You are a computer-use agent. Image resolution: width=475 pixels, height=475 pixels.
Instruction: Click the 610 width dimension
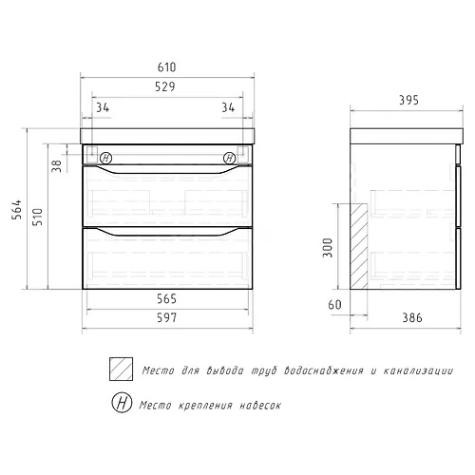click(x=166, y=67)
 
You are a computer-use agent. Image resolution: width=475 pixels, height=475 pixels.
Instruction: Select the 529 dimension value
click(x=165, y=86)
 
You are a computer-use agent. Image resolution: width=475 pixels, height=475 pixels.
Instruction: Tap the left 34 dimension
click(x=103, y=107)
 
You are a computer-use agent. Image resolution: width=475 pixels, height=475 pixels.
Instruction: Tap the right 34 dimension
click(x=228, y=107)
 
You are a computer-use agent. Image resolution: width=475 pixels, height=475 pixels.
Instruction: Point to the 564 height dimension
click(x=17, y=209)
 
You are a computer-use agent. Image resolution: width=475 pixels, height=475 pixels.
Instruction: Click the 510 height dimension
click(x=37, y=217)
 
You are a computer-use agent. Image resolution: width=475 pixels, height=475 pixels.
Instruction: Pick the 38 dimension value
click(x=56, y=166)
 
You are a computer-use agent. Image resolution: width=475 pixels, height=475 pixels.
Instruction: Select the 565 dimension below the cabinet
click(x=166, y=298)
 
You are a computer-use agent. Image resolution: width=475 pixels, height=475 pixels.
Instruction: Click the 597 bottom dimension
click(x=167, y=317)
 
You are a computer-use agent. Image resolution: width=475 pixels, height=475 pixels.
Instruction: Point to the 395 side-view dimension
click(x=408, y=100)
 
